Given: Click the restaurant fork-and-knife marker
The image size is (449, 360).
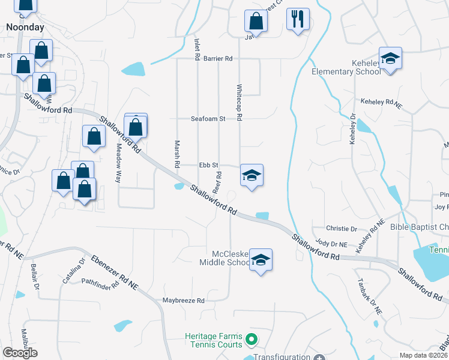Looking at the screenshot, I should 297,19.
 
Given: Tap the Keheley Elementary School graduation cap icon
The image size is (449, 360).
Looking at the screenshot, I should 390,58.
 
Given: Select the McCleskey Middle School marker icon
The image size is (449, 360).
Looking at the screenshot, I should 261,260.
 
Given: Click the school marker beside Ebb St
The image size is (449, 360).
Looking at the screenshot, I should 252,175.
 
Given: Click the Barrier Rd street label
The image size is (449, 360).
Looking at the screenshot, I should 218,59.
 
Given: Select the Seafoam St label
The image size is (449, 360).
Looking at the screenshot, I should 208,119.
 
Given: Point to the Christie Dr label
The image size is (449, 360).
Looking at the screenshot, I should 342,229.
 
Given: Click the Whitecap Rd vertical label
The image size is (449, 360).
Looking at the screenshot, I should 239,103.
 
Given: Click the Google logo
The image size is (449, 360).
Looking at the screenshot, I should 20,353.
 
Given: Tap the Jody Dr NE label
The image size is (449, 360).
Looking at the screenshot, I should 331,244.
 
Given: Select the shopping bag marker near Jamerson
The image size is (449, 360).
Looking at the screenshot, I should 256,21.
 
